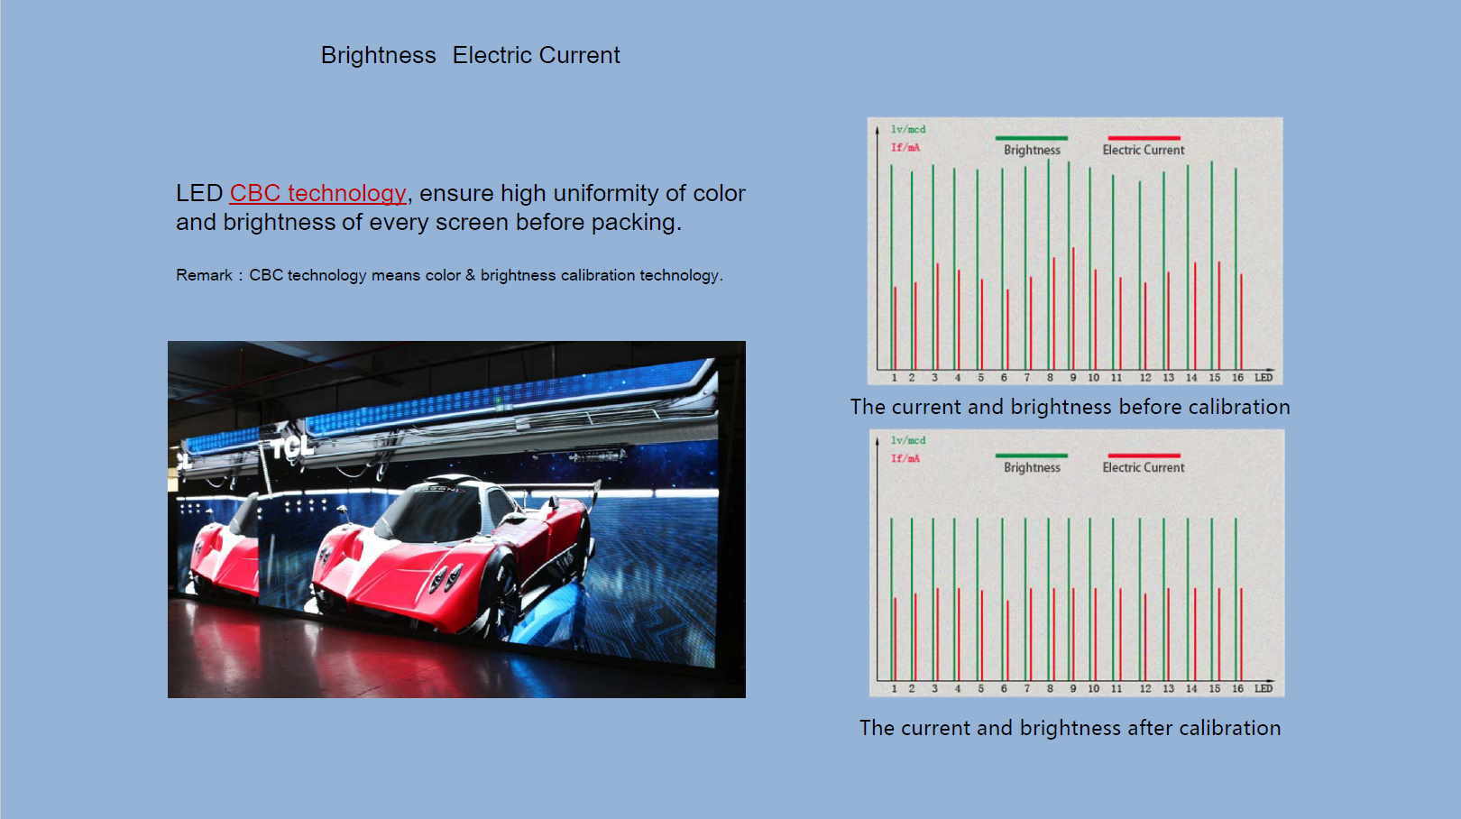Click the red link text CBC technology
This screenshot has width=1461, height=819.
coord(317,193)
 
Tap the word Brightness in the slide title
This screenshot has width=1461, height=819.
coord(378,55)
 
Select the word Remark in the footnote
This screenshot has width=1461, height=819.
coord(204,275)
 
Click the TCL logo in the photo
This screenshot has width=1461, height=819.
coord(291,446)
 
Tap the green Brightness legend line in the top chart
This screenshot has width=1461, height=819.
coord(1031,138)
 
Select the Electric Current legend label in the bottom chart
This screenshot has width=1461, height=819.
coord(1144,467)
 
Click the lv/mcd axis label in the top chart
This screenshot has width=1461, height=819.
coord(908,129)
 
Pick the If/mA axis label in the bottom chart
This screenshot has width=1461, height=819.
coord(905,458)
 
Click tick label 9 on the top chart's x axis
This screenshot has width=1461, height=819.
coord(1073,378)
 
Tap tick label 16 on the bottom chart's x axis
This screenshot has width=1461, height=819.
coord(1237,688)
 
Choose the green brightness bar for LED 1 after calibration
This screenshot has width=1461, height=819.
coord(892,600)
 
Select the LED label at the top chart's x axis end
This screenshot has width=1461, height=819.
coord(1263,378)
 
